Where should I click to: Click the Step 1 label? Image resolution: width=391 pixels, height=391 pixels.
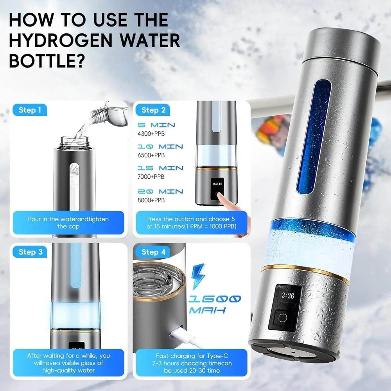pos(30,110)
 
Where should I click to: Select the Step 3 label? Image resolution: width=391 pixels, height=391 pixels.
pos(30,252)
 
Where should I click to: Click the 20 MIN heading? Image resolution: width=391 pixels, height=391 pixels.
pos(160,192)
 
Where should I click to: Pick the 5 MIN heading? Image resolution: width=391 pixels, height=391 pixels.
pos(156,125)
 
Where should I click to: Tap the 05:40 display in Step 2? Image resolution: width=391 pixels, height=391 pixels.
pos(217,183)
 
